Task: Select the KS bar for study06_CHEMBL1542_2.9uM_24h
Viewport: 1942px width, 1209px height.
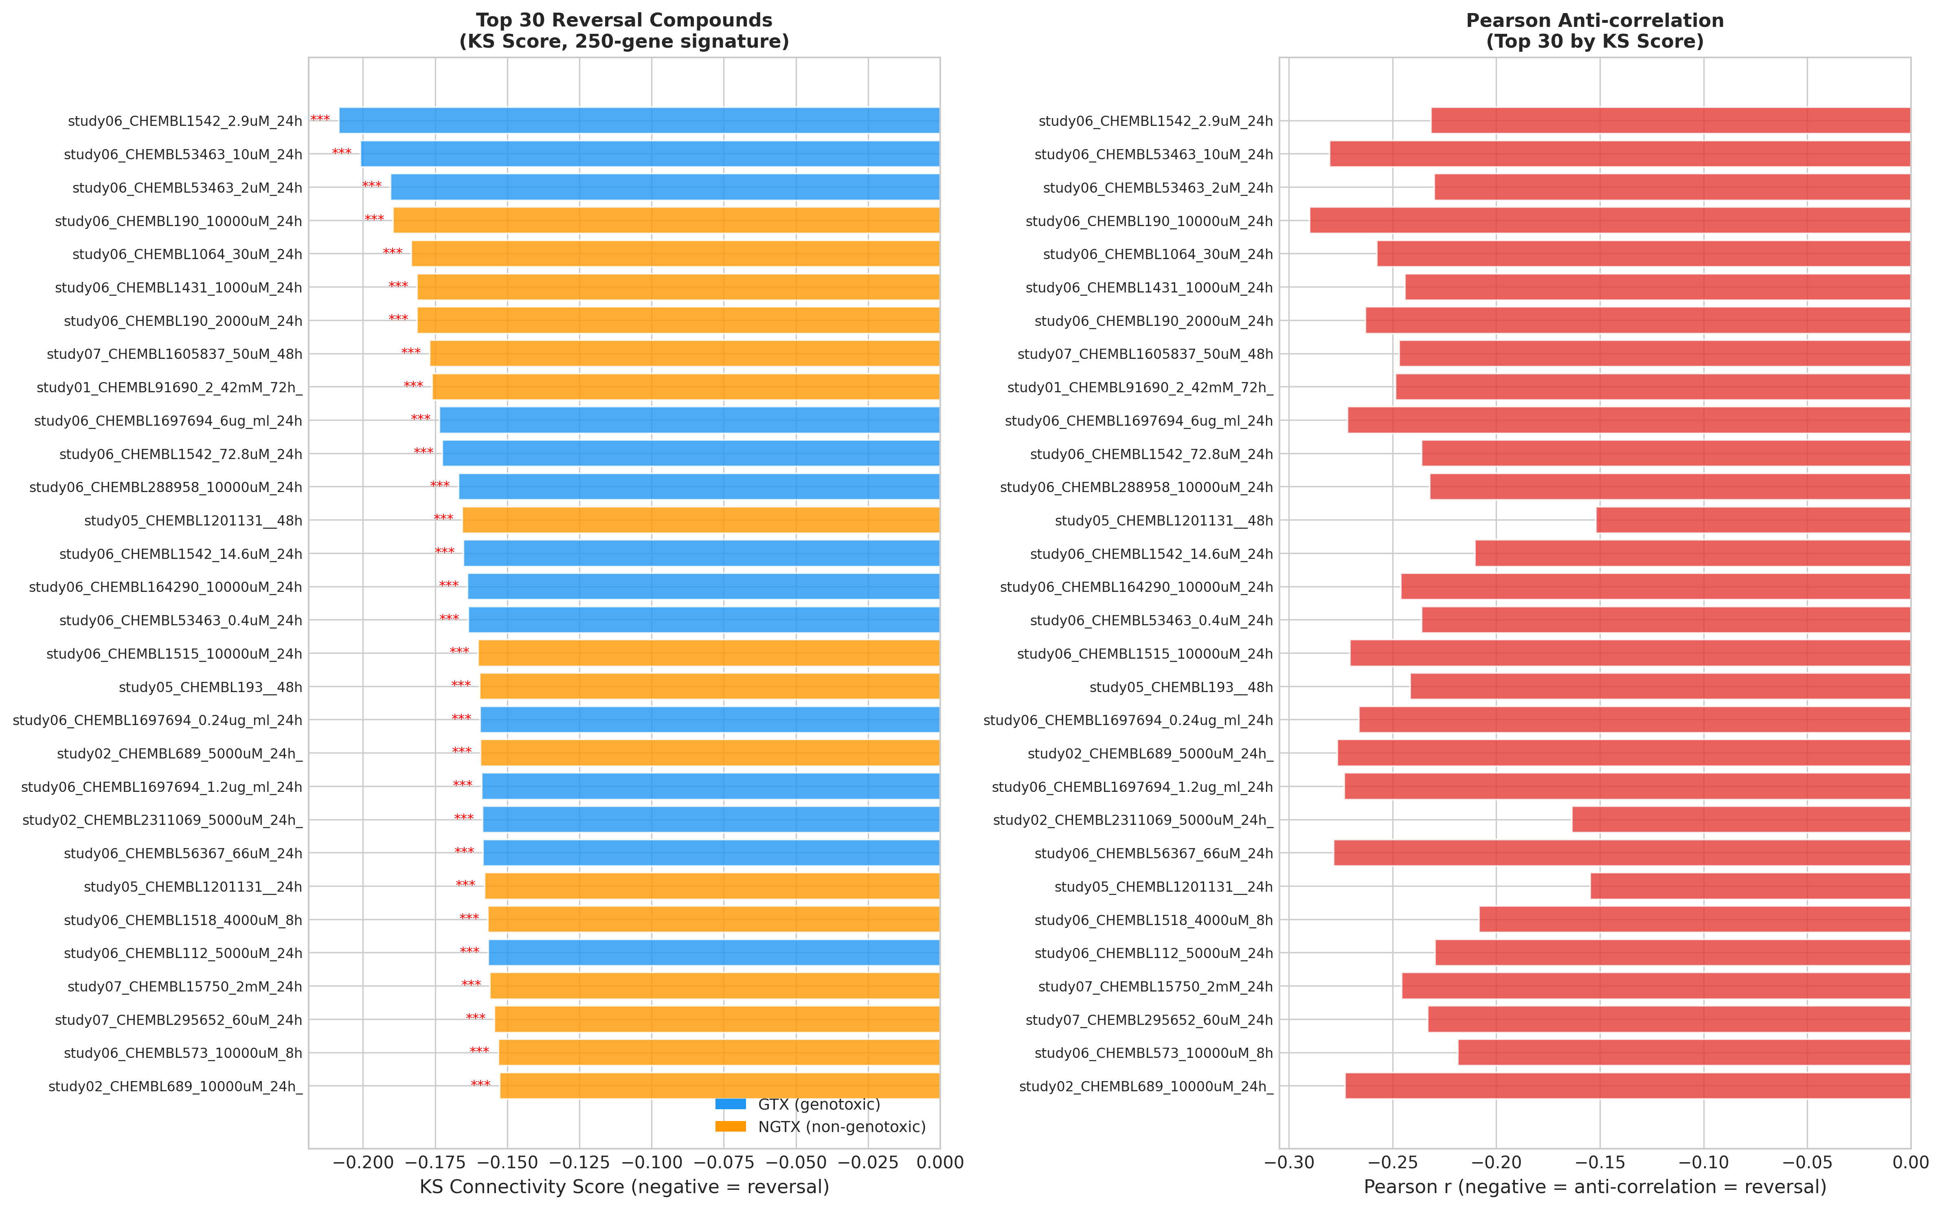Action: pyautogui.click(x=639, y=121)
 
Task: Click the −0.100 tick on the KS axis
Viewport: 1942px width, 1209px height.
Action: pyautogui.click(x=651, y=1163)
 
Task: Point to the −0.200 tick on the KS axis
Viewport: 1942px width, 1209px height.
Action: pyautogui.click(x=362, y=1163)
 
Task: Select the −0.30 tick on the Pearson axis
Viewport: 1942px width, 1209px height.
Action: pyautogui.click(x=1288, y=1163)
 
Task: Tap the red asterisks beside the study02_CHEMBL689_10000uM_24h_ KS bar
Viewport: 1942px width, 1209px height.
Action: pyautogui.click(x=480, y=1084)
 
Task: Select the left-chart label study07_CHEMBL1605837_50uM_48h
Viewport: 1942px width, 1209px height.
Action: pyautogui.click(x=174, y=354)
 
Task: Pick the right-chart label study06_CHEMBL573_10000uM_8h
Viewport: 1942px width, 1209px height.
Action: pyautogui.click(x=1153, y=1053)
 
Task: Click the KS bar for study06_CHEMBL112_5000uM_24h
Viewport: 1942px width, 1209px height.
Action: pyautogui.click(x=714, y=953)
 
